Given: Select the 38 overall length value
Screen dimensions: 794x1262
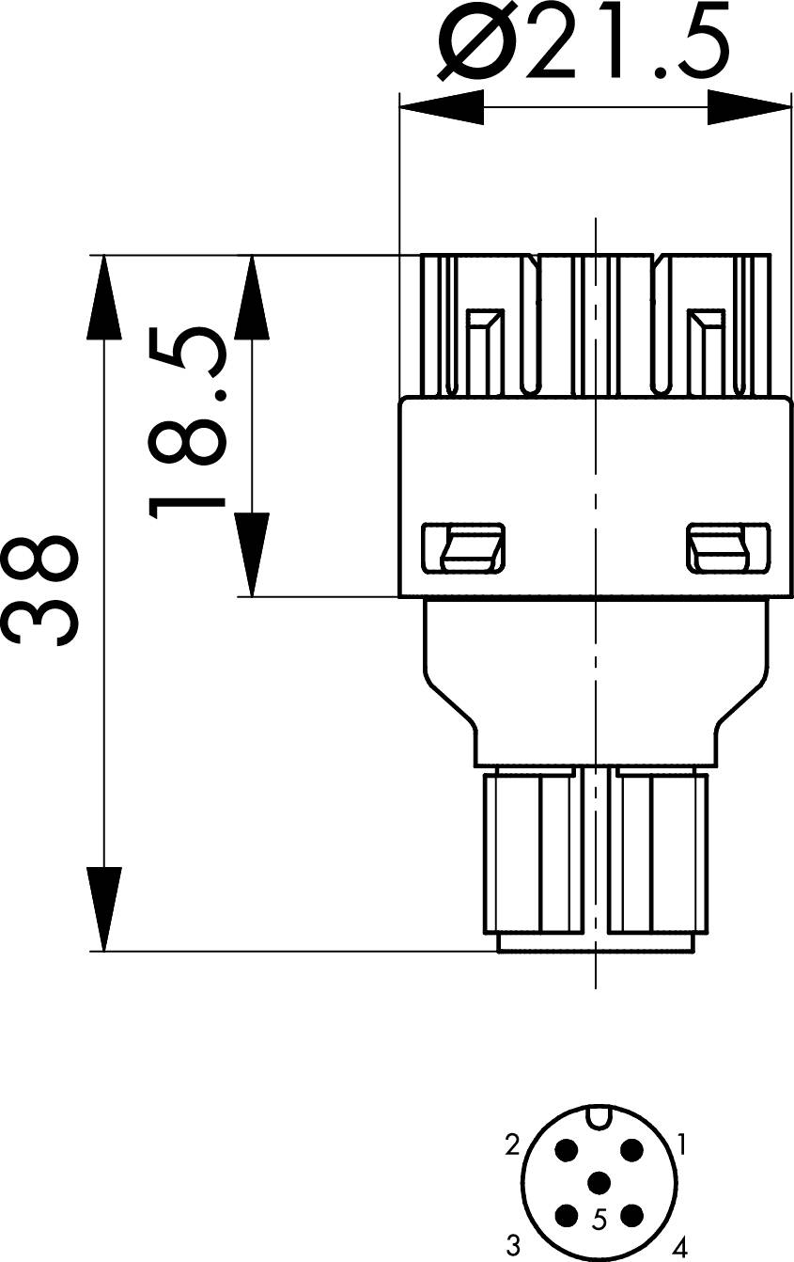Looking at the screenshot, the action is (39, 592).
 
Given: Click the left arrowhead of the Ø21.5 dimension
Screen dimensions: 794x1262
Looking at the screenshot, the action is (442, 107).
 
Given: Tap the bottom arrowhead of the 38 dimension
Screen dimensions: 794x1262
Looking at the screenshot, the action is (104, 909).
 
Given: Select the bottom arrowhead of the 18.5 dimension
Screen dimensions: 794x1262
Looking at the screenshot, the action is (252, 555).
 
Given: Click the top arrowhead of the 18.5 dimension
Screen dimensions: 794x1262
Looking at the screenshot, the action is (252, 297).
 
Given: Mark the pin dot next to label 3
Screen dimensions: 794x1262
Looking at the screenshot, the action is (567, 1215).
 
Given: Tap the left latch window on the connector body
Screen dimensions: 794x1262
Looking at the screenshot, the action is (463, 548).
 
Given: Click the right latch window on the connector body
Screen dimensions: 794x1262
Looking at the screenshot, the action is (727, 548).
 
